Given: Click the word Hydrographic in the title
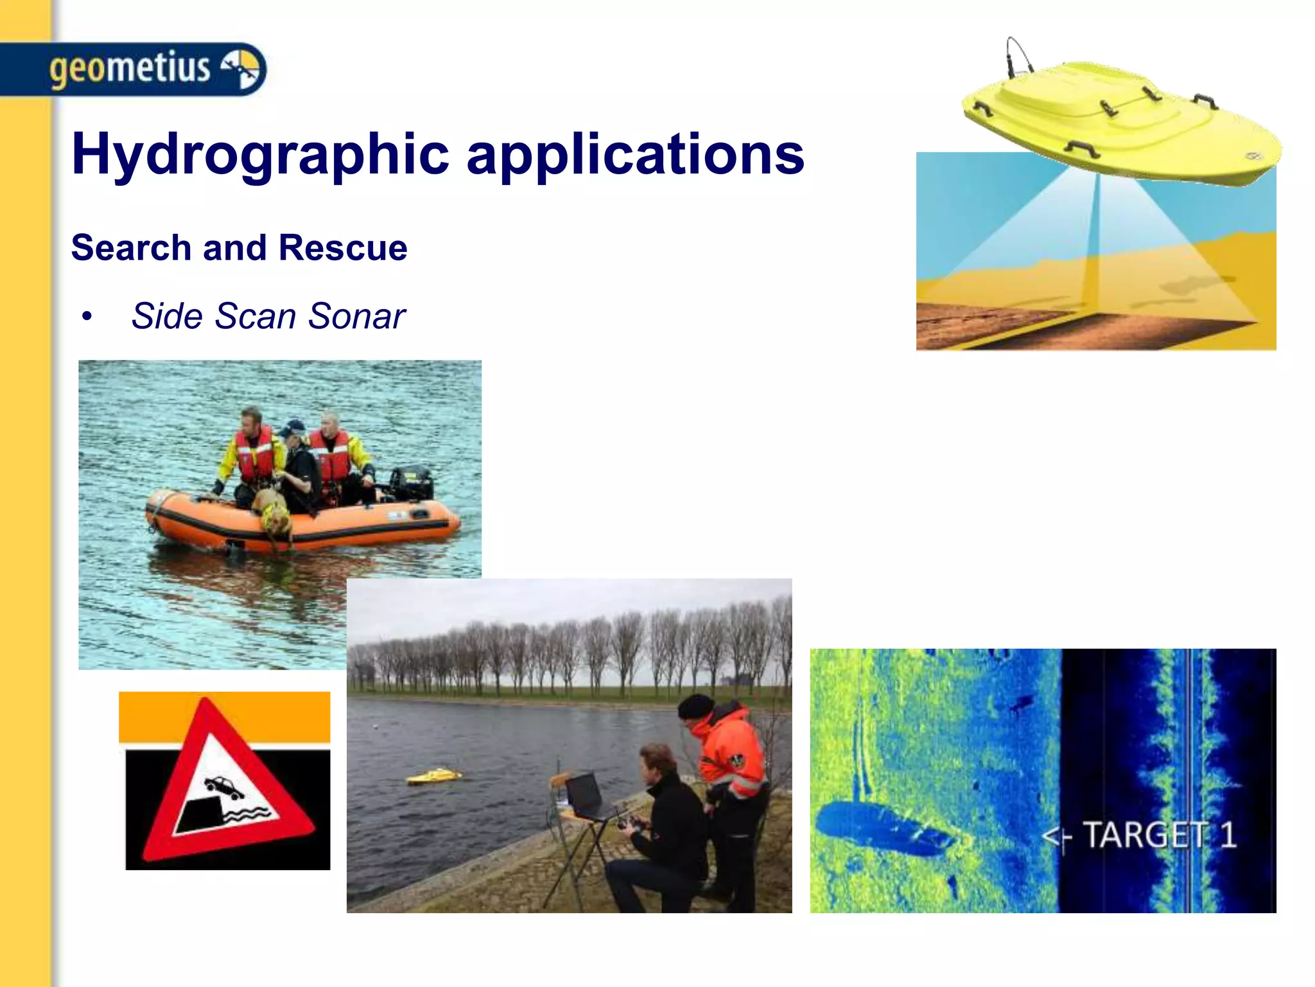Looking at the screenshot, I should tap(260, 154).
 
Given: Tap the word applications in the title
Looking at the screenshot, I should tap(635, 154).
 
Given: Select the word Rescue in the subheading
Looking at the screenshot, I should tap(343, 248).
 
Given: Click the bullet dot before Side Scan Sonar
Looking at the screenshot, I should tap(87, 316).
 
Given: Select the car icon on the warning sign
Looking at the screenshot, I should tap(223, 787).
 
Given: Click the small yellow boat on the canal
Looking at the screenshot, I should tap(434, 776).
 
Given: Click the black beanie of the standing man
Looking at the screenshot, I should tap(695, 706).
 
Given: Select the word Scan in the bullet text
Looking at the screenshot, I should tap(256, 316).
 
